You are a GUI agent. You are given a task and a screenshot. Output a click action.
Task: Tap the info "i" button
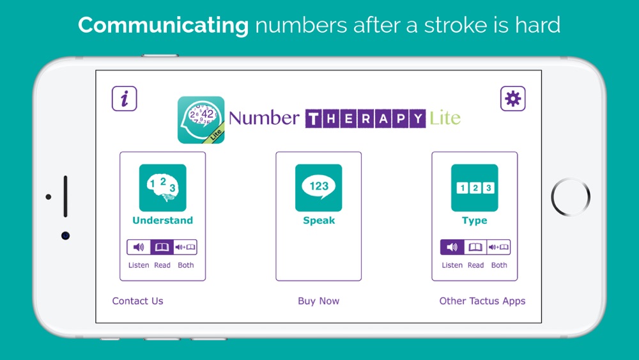(x=125, y=98)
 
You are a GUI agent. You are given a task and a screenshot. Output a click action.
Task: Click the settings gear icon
(x=512, y=98)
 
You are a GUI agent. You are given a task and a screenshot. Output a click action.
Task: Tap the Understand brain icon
(x=162, y=187)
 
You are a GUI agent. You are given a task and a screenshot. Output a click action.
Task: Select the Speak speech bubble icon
(x=319, y=187)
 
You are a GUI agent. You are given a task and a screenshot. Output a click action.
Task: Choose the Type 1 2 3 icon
(x=474, y=187)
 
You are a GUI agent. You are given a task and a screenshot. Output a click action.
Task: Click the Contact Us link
(x=138, y=301)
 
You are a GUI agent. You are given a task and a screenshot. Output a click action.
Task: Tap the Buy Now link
(x=319, y=301)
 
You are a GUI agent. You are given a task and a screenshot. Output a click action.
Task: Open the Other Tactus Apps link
(x=482, y=301)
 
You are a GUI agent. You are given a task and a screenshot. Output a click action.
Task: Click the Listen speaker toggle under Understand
(x=139, y=247)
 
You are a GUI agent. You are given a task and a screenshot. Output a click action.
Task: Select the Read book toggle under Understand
(x=162, y=247)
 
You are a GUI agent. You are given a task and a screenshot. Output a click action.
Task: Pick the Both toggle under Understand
(x=185, y=247)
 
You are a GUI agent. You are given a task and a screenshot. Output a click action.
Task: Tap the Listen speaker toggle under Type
(x=452, y=247)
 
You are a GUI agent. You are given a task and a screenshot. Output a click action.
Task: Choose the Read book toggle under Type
(x=475, y=247)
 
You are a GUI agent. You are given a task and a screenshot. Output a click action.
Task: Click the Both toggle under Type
(x=499, y=247)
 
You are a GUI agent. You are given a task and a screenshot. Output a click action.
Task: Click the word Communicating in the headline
(x=163, y=26)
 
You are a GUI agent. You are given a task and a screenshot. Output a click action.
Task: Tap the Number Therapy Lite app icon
(x=201, y=120)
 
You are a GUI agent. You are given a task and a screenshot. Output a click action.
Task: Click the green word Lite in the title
(x=445, y=118)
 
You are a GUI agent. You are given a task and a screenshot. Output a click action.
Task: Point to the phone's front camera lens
(x=65, y=236)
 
